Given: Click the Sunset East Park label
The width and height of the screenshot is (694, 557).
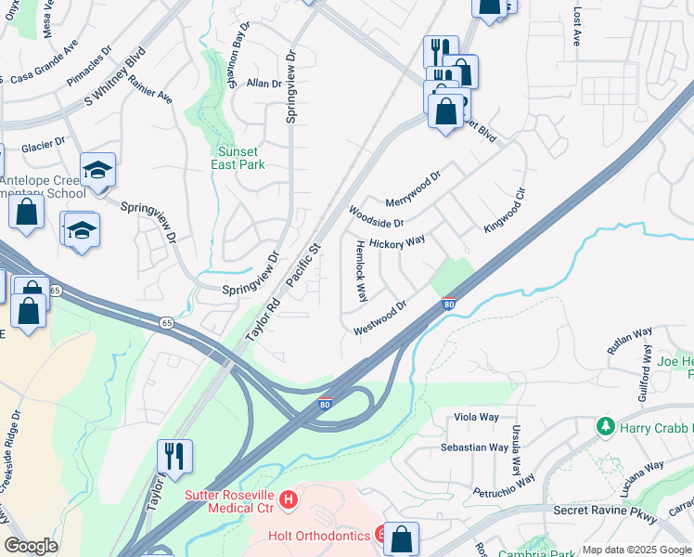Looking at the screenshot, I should click(241, 158).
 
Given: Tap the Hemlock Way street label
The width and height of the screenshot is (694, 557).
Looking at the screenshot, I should click(362, 270).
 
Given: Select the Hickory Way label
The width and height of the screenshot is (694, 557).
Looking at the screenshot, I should click(396, 241).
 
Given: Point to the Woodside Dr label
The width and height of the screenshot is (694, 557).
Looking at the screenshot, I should click(376, 217).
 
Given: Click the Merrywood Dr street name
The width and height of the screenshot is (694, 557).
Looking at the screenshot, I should click(413, 188).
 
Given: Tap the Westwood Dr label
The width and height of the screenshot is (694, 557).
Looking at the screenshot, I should click(380, 317).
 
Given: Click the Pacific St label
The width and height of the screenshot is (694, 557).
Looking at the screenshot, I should click(302, 265).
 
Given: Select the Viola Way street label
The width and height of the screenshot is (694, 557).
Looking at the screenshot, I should click(476, 418).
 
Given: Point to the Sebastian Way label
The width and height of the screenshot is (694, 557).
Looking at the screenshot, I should click(474, 447).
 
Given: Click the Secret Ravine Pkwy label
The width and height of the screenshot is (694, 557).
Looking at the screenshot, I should click(605, 512).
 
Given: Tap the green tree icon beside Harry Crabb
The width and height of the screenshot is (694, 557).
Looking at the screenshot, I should click(605, 426).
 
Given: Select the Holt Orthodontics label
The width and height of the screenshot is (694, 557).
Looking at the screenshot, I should click(319, 536).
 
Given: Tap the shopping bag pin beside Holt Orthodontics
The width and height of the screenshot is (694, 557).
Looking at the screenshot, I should click(401, 538).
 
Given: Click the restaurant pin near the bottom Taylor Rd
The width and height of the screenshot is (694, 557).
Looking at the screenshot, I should click(174, 456).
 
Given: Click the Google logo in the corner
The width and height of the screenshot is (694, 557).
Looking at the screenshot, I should click(31, 546).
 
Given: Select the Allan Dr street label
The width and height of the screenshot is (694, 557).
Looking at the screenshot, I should click(263, 84).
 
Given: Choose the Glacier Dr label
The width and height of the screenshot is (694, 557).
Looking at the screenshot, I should click(43, 146).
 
